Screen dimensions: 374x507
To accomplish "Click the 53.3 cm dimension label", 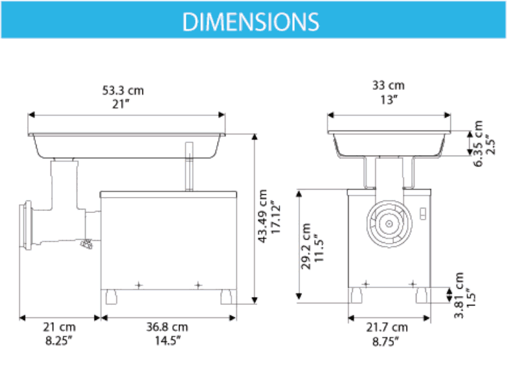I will click(x=122, y=90).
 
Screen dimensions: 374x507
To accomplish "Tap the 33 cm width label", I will click(x=388, y=86).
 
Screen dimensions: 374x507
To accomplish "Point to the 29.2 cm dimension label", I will click(x=307, y=246).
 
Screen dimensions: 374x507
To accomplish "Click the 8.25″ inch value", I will click(x=59, y=340).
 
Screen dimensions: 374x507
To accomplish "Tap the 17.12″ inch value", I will click(x=276, y=216).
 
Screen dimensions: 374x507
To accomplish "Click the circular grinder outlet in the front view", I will click(x=386, y=223).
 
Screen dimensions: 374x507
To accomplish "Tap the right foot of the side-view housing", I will click(x=228, y=295).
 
